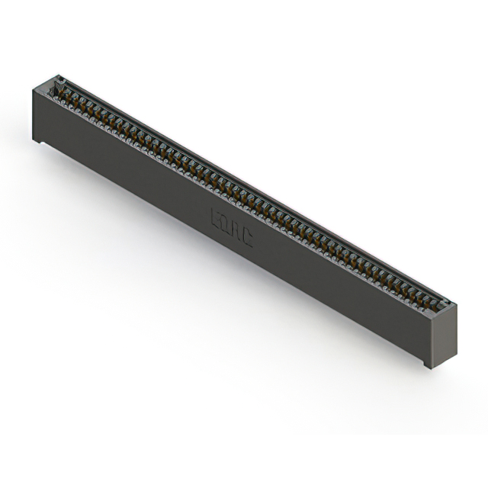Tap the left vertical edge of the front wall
pos(34,114)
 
